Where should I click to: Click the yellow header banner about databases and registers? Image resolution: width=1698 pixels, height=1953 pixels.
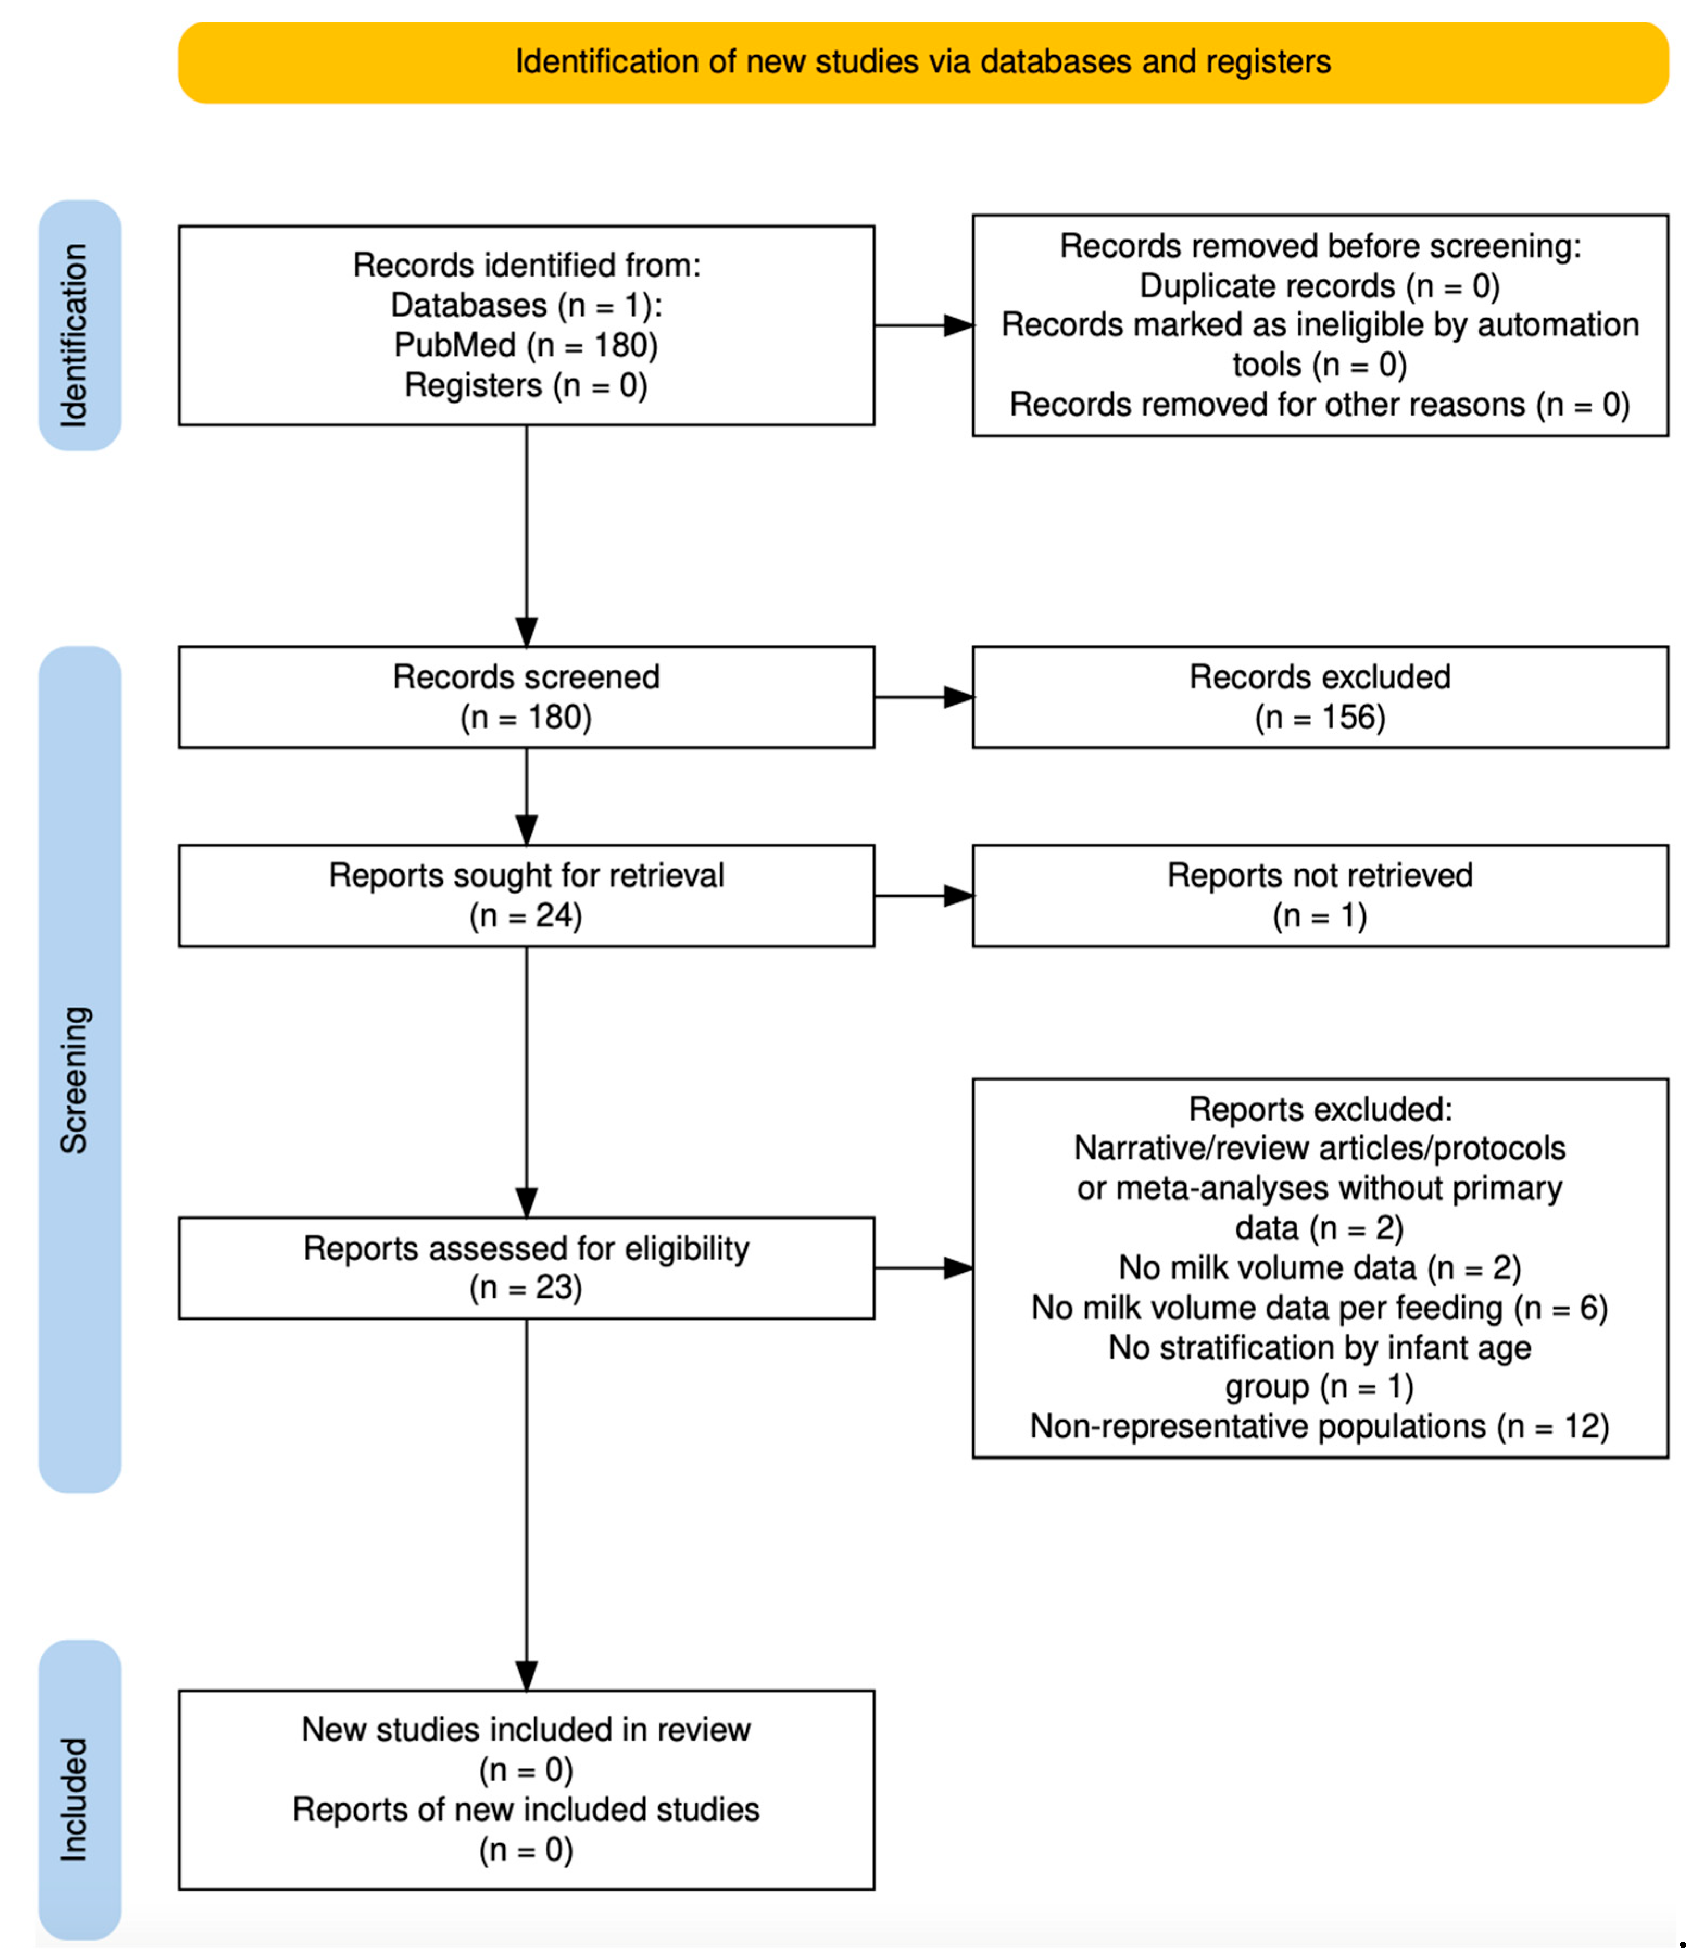pyautogui.click(x=923, y=62)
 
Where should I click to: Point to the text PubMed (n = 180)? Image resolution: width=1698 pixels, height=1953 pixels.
pyautogui.click(x=526, y=345)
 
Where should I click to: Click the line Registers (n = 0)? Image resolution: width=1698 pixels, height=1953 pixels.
pyautogui.click(x=526, y=386)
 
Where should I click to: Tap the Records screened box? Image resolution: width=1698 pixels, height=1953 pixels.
pyautogui.click(x=526, y=698)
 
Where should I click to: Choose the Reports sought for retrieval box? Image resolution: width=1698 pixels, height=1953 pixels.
pyautogui.click(x=526, y=895)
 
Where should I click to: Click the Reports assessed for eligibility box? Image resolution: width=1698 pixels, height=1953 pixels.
pyautogui.click(x=526, y=1268)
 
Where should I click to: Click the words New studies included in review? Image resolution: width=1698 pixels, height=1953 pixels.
pyautogui.click(x=526, y=1729)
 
